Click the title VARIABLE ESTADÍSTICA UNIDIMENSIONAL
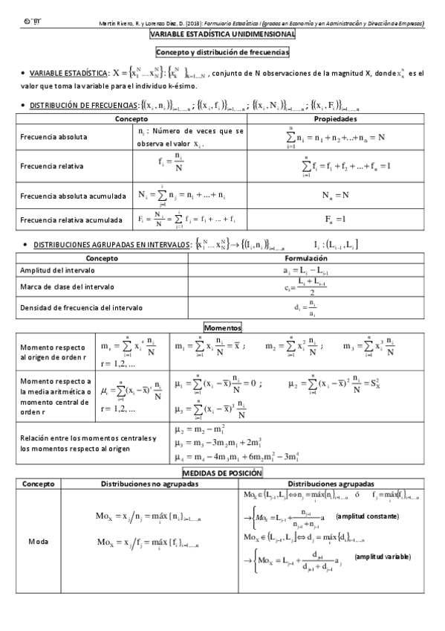(223, 35)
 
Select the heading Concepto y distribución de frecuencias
(223, 52)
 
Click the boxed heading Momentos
(223, 327)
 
